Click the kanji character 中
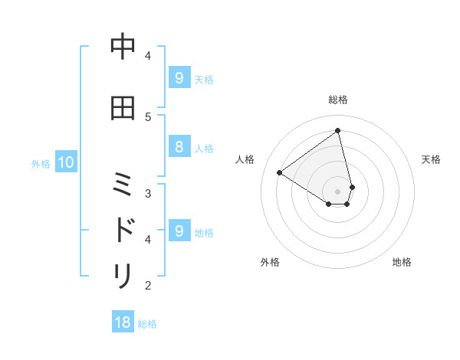(123, 47)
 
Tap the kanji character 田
(123, 108)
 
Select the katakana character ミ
(123, 185)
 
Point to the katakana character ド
(123, 230)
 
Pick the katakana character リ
(123, 275)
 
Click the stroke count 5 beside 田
(148, 116)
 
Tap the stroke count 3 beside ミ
(148, 193)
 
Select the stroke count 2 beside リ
(148, 286)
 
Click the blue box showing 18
(123, 322)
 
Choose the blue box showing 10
(65, 162)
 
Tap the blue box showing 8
(179, 148)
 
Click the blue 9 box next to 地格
(179, 231)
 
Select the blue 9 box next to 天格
(179, 77)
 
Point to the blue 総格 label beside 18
(147, 324)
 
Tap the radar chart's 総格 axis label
(338, 100)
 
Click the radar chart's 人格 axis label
(245, 159)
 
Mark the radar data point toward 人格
(279, 173)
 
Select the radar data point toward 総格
(338, 131)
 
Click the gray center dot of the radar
(338, 191)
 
